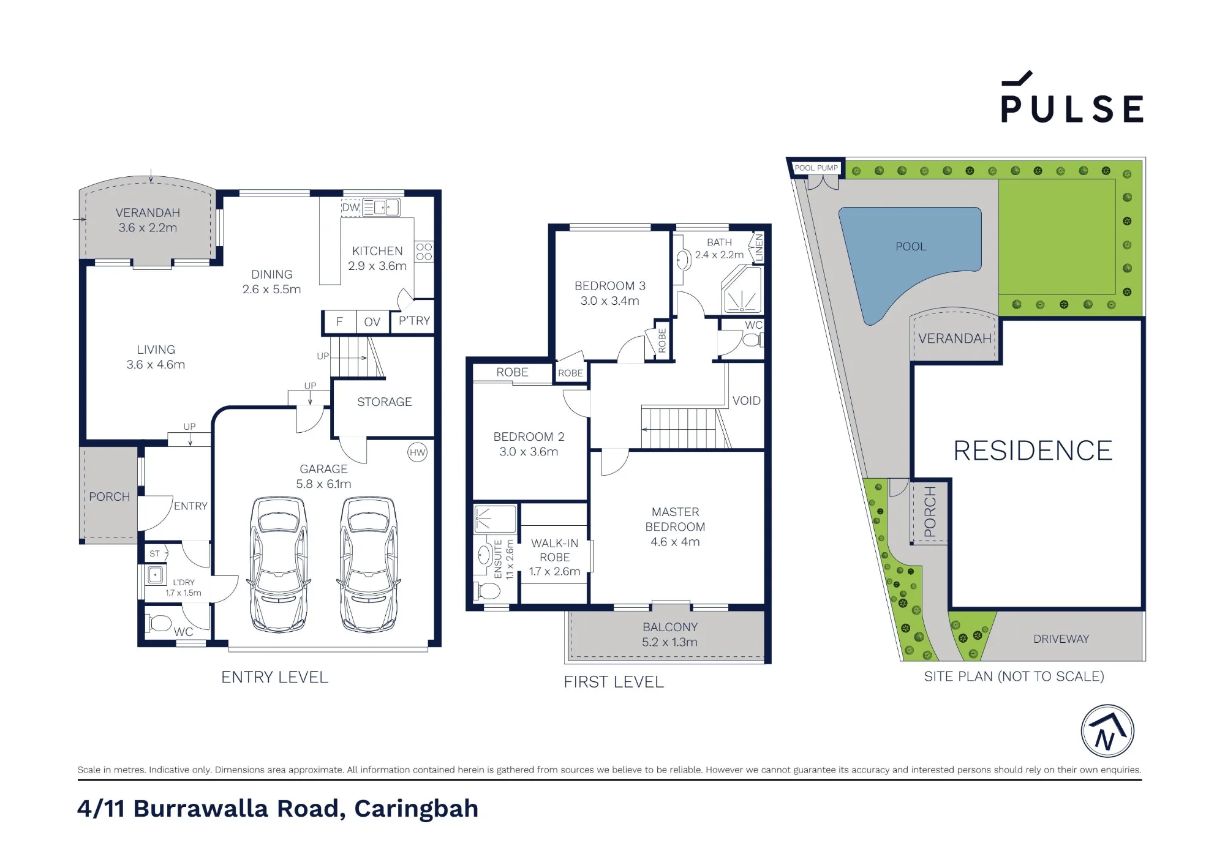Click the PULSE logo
click(1072, 98)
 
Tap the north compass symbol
click(1107, 731)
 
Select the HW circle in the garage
click(417, 453)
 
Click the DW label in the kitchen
click(350, 208)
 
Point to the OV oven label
click(372, 322)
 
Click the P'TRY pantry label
click(415, 321)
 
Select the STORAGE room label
click(385, 402)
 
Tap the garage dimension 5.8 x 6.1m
click(323, 484)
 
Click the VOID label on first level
click(747, 400)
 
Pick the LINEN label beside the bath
click(759, 247)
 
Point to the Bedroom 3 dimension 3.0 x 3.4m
click(610, 301)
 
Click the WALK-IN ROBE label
click(555, 550)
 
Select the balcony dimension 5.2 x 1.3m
click(670, 642)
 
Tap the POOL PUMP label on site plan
click(816, 168)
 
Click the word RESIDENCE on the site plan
click(1033, 451)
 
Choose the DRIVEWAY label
click(1061, 638)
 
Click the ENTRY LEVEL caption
click(275, 677)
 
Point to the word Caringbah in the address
click(417, 809)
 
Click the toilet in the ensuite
click(488, 591)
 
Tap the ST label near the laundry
click(154, 553)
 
